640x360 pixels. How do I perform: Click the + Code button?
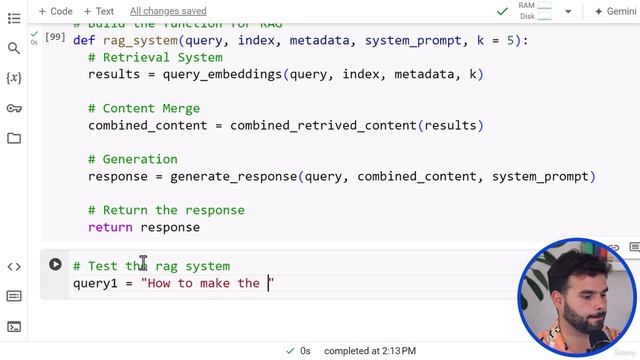(55, 11)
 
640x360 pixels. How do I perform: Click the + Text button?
(98, 11)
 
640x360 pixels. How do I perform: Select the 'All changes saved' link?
(168, 11)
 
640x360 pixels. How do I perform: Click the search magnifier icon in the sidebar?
(14, 48)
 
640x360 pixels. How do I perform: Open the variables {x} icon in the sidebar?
(14, 78)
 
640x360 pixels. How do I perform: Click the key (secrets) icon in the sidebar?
(14, 108)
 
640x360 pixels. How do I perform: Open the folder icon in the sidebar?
(14, 138)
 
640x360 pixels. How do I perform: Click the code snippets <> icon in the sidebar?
(14, 266)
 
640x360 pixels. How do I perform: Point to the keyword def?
(85, 41)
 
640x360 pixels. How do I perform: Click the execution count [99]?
(55, 38)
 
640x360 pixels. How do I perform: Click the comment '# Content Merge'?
(144, 108)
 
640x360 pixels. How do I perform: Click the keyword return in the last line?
(110, 227)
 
